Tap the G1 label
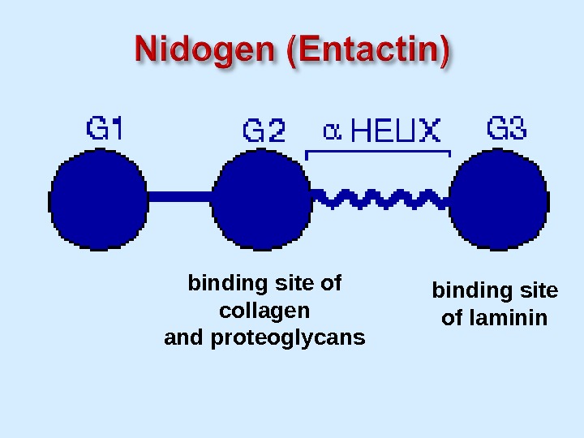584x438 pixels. (105, 128)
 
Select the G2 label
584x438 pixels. (264, 130)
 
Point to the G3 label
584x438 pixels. (507, 128)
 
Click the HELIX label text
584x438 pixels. (397, 131)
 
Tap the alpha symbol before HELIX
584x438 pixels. (332, 131)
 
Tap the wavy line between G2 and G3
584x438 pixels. (381, 197)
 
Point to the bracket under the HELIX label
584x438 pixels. (377, 151)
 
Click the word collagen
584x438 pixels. (264, 311)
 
